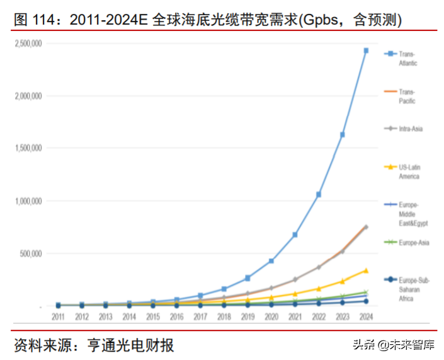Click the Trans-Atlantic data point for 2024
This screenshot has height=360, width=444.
[366, 50]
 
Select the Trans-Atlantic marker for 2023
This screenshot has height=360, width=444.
[342, 135]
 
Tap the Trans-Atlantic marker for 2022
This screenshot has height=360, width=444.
[319, 195]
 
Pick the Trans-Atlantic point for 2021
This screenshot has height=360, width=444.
[295, 235]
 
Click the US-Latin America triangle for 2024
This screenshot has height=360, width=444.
[366, 270]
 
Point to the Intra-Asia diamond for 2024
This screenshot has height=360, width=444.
[366, 227]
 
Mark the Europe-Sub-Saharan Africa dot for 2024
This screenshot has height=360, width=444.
[366, 301]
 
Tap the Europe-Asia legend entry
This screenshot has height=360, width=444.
[413, 243]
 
